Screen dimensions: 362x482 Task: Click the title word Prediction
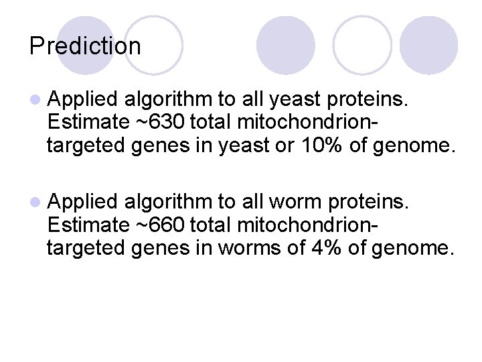point(85,46)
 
